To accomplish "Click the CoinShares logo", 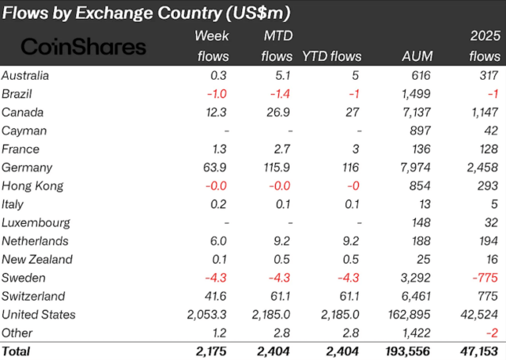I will (83, 47).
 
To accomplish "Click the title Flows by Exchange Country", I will (146, 13).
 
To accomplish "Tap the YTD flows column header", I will (331, 56).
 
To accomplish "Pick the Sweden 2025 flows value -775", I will (485, 278).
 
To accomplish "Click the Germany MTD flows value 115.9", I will (278, 168).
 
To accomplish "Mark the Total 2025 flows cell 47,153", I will (478, 351).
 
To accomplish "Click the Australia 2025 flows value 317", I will (489, 76).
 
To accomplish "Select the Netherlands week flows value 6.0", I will (219, 241).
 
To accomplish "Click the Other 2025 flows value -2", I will (493, 332).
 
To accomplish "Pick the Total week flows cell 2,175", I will (212, 351).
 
